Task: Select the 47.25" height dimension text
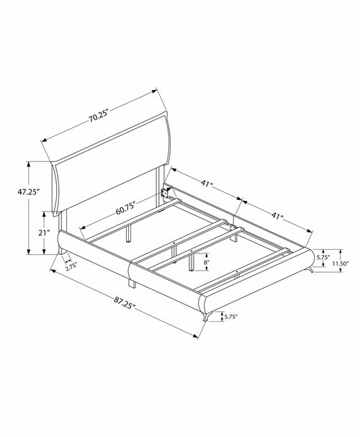28,192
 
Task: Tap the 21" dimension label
44,233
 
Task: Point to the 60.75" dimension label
126,208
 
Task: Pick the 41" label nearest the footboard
277,215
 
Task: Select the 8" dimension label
206,262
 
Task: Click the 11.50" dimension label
341,263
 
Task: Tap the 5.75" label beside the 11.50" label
323,257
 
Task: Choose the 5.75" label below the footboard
231,316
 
